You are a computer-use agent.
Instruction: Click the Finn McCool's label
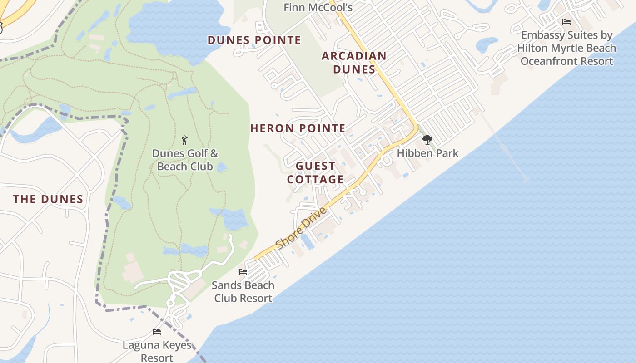tap(318, 7)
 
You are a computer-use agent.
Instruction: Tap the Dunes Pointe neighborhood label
tap(254, 40)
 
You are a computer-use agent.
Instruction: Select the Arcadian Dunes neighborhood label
tap(354, 63)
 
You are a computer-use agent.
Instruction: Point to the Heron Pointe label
tap(298, 128)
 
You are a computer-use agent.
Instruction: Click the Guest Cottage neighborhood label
tap(315, 173)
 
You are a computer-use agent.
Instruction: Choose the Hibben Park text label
tap(427, 153)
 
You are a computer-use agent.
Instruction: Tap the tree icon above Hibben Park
tap(427, 140)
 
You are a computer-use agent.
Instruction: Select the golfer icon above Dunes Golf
tap(184, 140)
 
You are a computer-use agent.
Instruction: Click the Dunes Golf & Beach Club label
tap(185, 160)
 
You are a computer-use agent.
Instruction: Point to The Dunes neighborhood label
tap(48, 199)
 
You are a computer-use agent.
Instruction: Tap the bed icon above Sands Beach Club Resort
tap(243, 272)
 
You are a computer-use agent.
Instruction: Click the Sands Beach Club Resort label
tap(243, 292)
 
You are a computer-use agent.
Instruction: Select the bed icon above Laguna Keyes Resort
tap(157, 332)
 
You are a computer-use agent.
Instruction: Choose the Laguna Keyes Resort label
tap(157, 352)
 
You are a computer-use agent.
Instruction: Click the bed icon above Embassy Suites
tap(566, 22)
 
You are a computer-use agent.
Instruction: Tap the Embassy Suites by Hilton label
tap(566, 48)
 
